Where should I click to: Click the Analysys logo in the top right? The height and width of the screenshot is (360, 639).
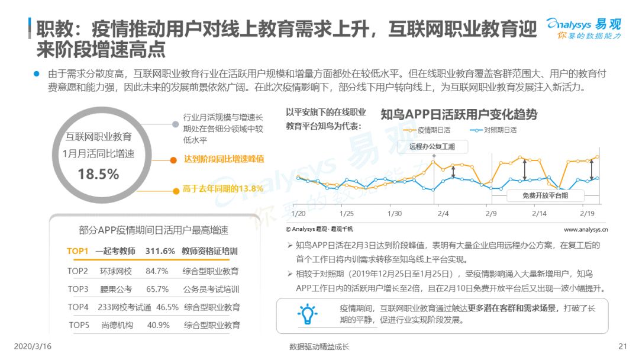coord(583,28)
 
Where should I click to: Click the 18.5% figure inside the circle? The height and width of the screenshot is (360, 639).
coord(98,174)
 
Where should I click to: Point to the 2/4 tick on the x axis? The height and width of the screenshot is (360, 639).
coord(443,214)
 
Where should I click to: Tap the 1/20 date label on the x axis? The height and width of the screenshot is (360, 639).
coord(298,214)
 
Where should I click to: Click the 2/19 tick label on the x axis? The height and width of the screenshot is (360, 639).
coord(588,214)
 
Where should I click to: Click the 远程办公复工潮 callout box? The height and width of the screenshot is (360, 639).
coord(433,146)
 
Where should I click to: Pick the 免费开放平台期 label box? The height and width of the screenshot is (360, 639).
coord(546,196)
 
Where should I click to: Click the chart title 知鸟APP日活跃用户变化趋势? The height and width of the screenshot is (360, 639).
coord(459,114)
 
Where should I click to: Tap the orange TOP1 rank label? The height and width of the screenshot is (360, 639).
coord(78,251)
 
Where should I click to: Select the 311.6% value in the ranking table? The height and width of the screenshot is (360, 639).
coord(160,251)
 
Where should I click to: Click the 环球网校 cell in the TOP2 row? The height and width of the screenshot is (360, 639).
coord(116,272)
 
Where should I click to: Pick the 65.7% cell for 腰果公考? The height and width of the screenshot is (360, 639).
coord(157,290)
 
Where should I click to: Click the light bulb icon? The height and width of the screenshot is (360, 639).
coord(307,314)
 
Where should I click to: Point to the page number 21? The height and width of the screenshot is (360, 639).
coord(622,346)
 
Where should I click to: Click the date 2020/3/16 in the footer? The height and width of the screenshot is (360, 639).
coord(33,346)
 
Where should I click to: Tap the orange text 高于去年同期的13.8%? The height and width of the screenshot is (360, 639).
coord(223,189)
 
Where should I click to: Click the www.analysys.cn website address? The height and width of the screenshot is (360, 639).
coord(586,230)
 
